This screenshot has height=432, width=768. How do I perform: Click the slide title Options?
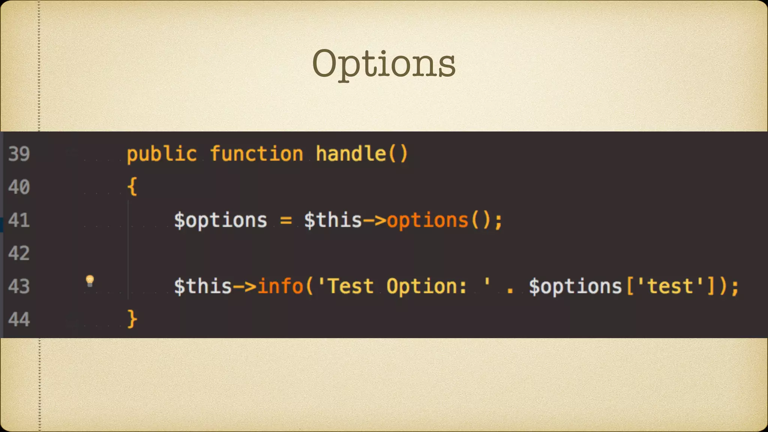(x=384, y=64)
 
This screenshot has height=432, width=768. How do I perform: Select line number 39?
(x=19, y=154)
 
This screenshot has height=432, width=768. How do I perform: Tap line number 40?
(x=19, y=187)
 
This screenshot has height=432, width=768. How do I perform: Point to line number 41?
(x=19, y=220)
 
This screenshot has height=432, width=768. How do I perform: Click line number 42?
(x=19, y=253)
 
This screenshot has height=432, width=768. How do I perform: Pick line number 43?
(x=19, y=286)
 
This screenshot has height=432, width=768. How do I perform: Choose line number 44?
(x=19, y=319)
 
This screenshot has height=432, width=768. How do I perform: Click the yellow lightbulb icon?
(x=90, y=280)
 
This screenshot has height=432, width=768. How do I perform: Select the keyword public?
(x=162, y=154)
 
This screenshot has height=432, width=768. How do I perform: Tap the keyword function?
(x=256, y=154)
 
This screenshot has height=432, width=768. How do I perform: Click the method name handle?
(x=351, y=154)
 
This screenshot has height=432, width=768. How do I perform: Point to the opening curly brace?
(x=132, y=186)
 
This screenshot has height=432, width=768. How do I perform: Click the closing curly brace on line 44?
(x=132, y=319)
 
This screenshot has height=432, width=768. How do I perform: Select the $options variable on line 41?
(x=220, y=220)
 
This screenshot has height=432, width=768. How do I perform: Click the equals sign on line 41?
(x=286, y=220)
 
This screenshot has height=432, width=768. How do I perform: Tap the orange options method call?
(x=427, y=220)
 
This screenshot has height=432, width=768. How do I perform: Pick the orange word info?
(x=280, y=286)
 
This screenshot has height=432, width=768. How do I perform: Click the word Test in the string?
(x=351, y=286)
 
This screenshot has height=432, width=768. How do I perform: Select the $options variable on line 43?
(x=575, y=286)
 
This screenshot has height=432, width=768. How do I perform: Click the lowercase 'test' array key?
(x=670, y=286)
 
